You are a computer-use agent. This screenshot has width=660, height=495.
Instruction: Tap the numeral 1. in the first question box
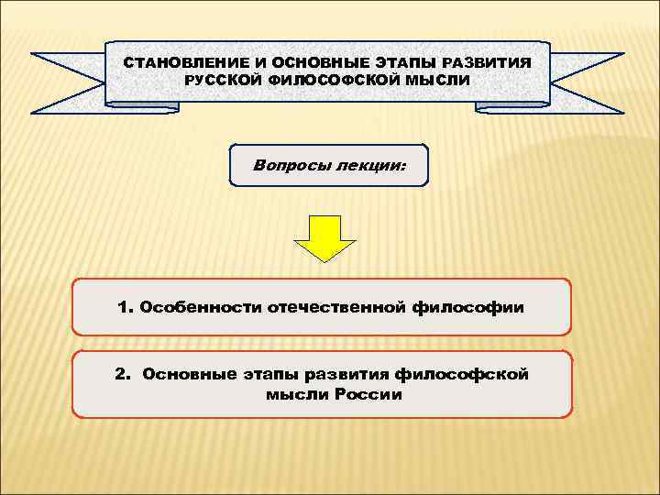click(x=126, y=306)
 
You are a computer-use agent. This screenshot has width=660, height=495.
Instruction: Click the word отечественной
click(x=335, y=306)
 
